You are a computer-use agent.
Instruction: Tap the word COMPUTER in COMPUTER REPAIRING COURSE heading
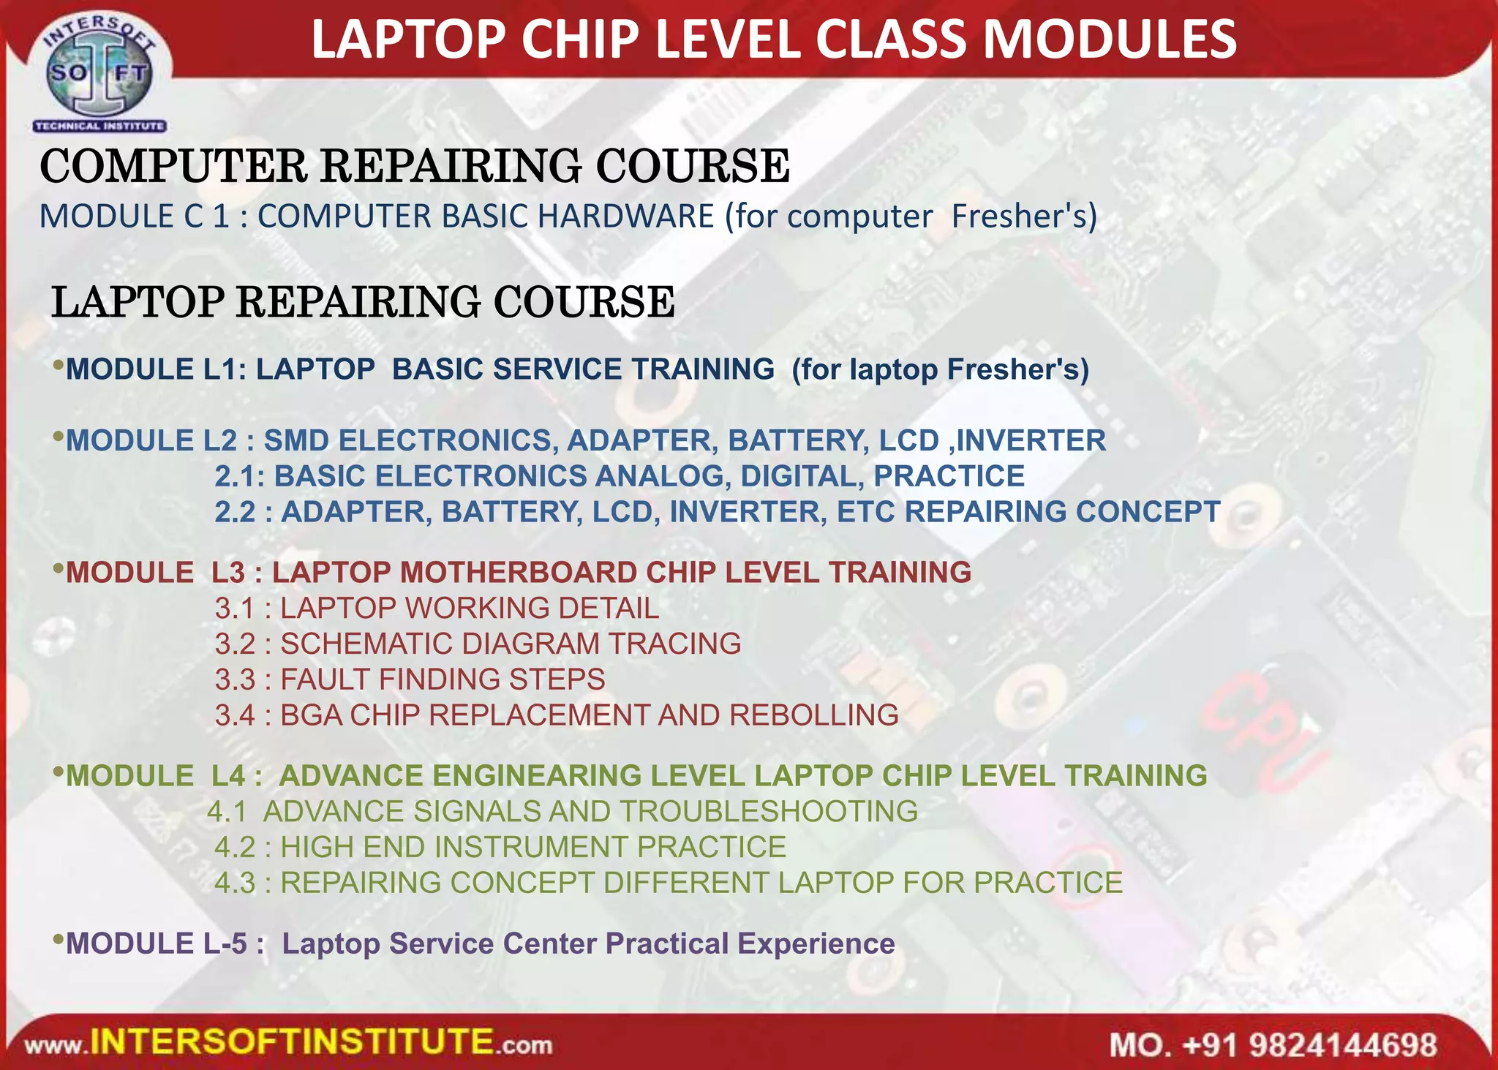pos(173,166)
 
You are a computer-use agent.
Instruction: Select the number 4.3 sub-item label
pos(234,883)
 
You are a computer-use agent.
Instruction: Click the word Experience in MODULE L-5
pos(816,943)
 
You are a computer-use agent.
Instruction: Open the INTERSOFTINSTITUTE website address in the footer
pos(289,1042)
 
